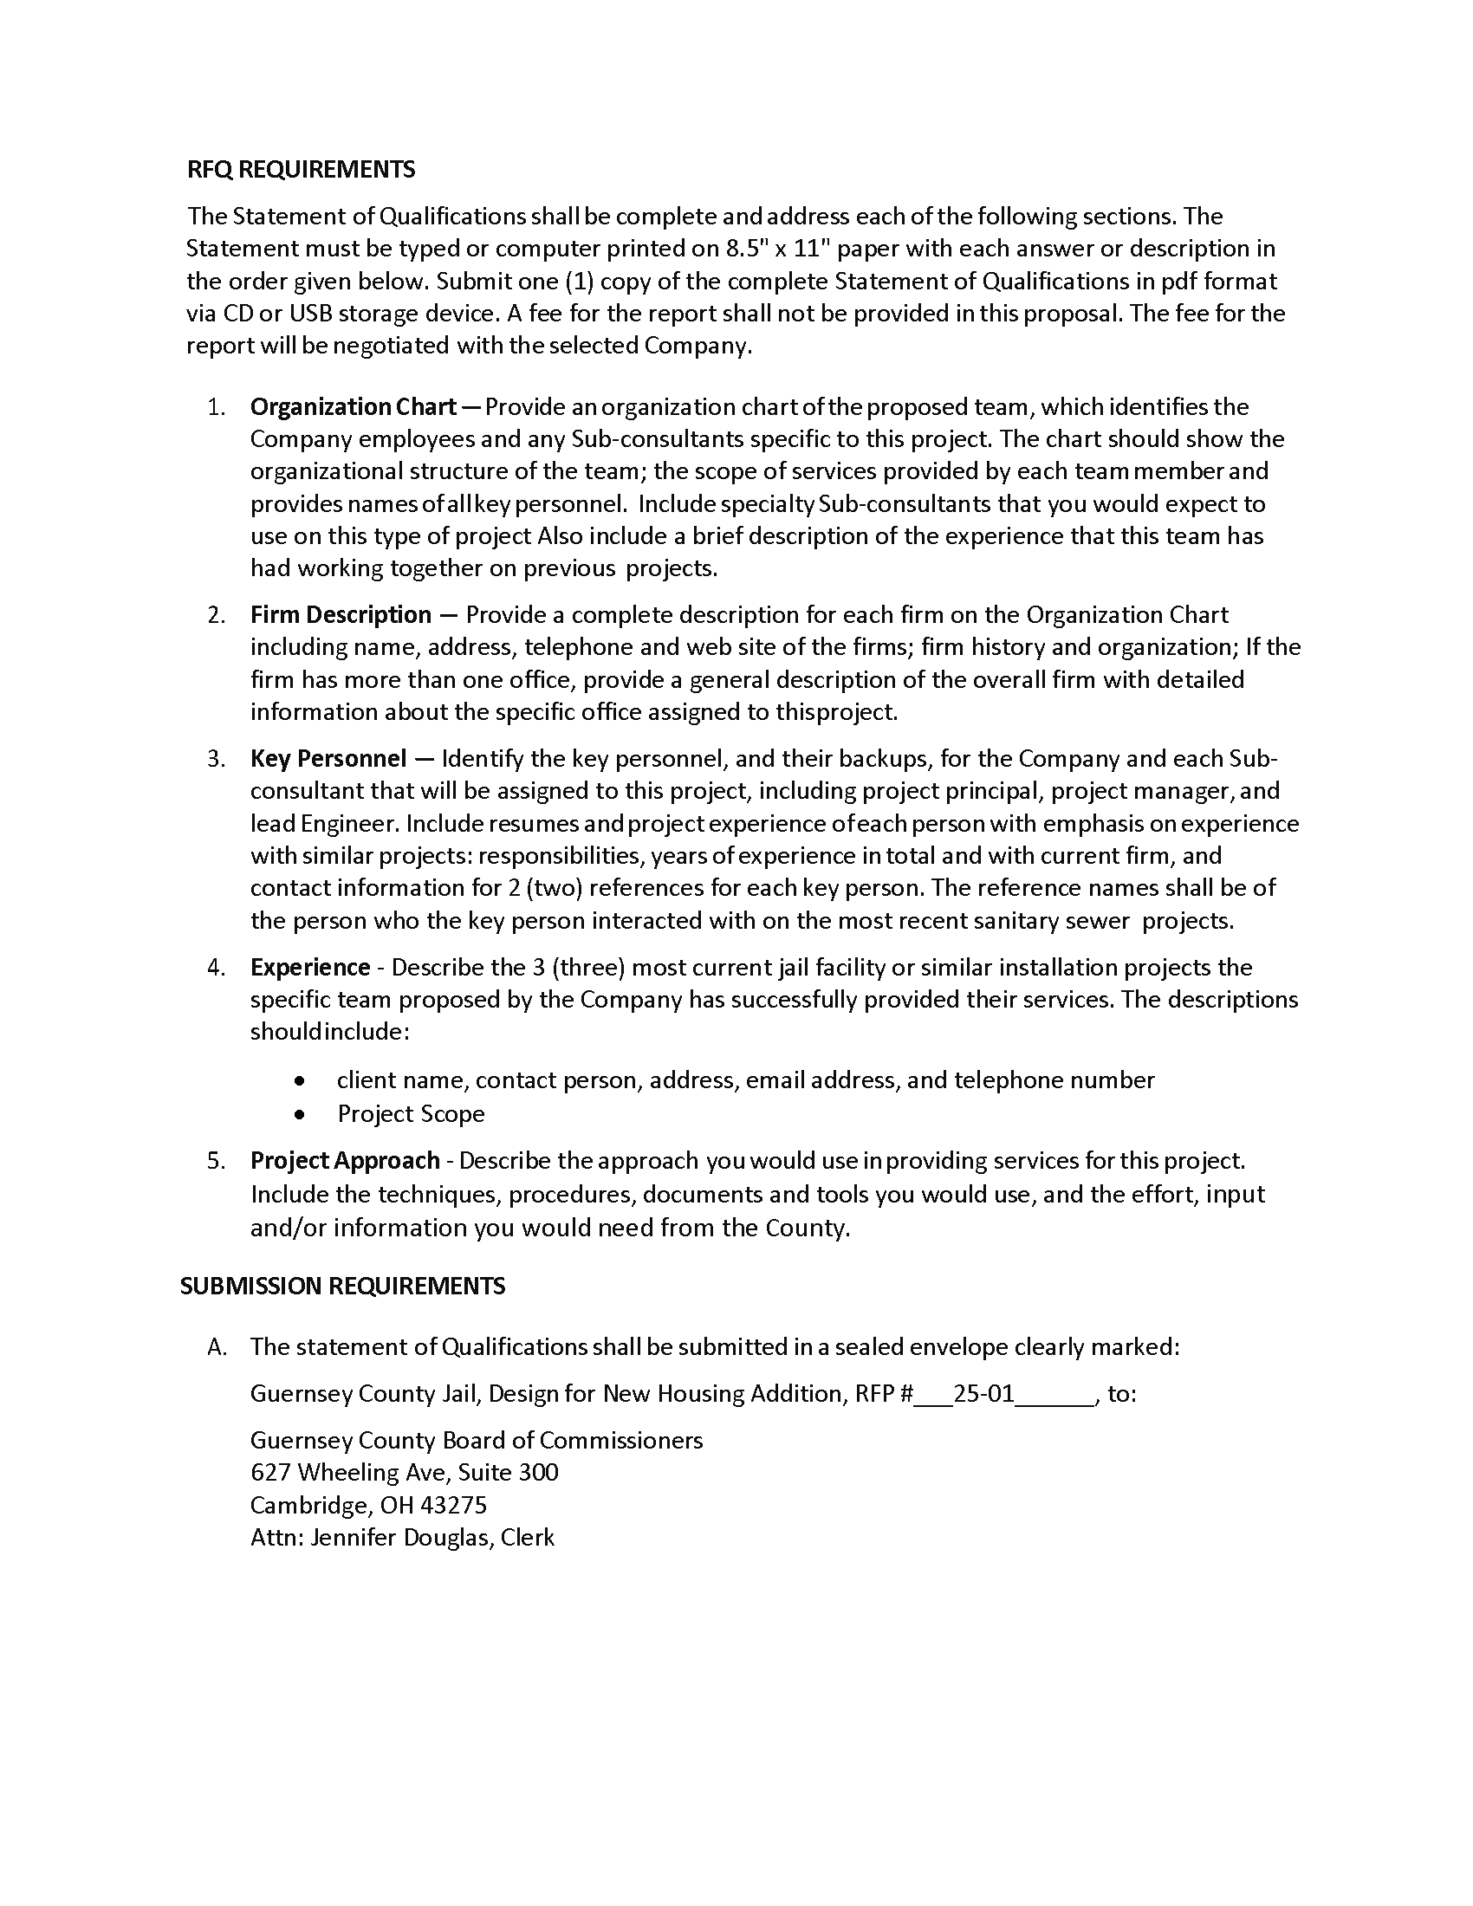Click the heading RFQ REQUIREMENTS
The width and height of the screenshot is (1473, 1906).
pos(301,169)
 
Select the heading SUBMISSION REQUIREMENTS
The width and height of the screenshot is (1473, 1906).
pos(342,1286)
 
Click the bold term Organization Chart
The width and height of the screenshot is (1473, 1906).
pos(354,406)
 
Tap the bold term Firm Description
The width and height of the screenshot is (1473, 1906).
pos(341,614)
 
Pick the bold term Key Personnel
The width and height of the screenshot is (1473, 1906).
pos(328,757)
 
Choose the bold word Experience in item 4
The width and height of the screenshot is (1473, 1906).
pos(310,967)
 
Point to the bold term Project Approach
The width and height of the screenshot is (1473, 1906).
pos(345,1160)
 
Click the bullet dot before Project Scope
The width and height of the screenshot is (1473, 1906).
pos(300,1113)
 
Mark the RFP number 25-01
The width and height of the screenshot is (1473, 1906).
pos(983,1393)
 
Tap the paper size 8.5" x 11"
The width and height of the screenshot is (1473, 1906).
pos(780,249)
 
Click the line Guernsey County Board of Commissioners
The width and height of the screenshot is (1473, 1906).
pos(477,1440)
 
